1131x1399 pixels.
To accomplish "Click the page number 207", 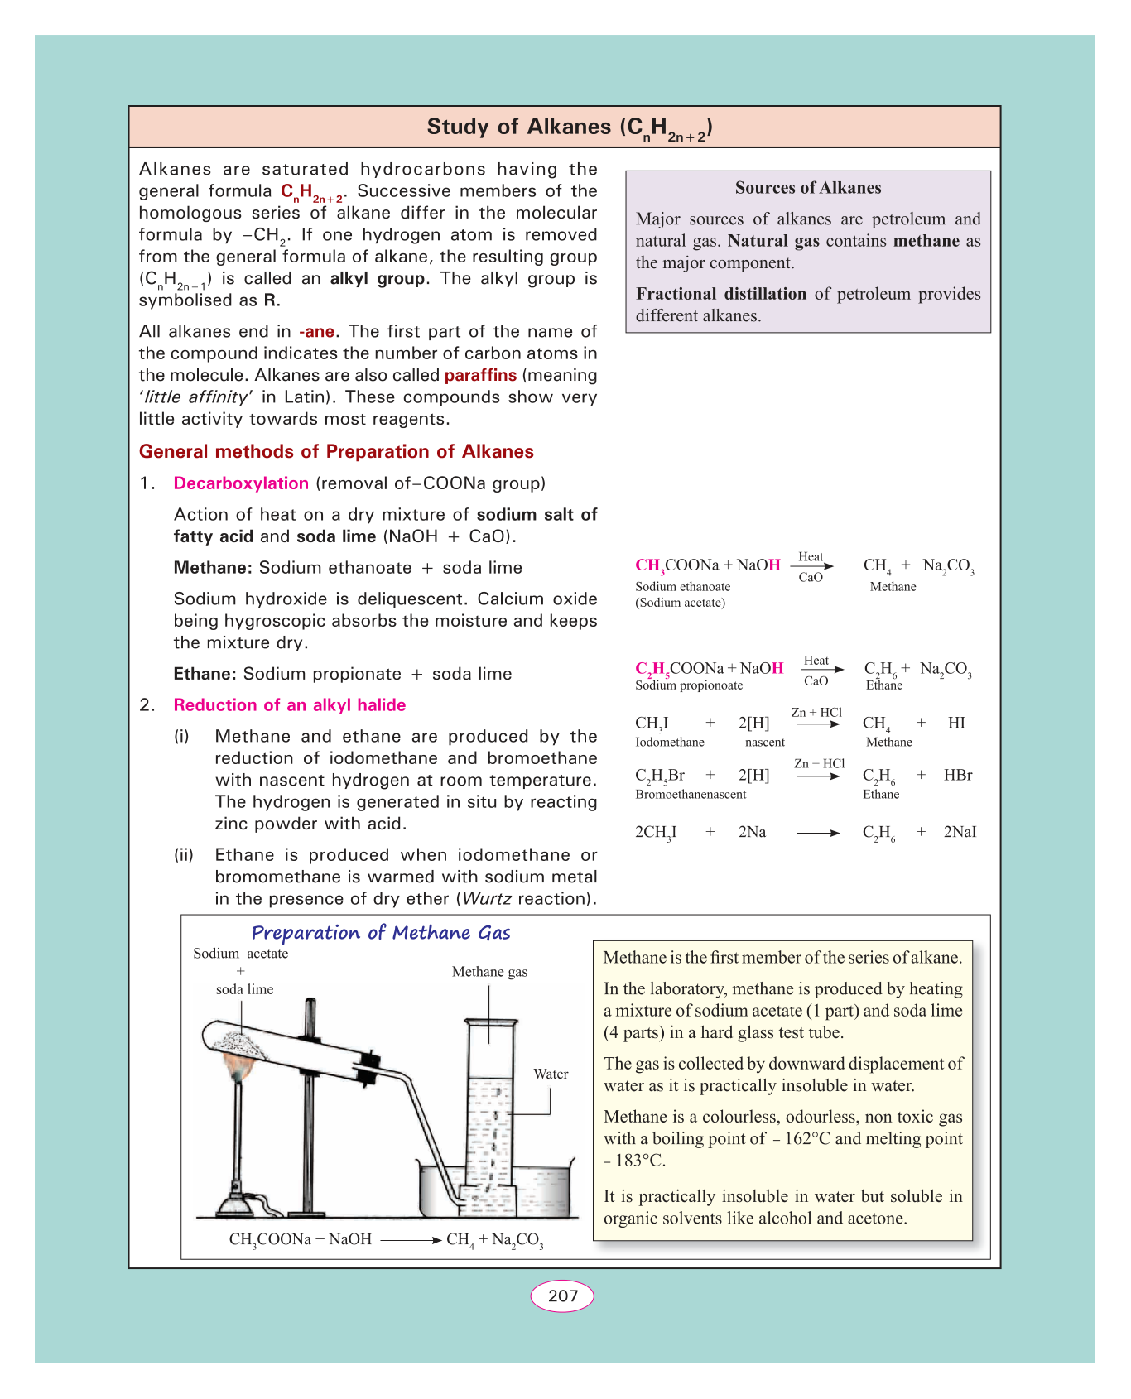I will (x=562, y=1296).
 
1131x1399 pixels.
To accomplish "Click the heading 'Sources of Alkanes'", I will (x=807, y=188).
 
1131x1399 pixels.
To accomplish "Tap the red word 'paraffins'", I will (x=480, y=376).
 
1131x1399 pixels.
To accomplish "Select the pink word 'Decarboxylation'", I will (x=241, y=483).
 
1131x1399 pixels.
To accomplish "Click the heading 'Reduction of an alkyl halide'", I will (x=290, y=705).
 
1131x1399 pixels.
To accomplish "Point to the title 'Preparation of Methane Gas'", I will (x=381, y=933).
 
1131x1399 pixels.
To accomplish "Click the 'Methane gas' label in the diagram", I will (x=489, y=972).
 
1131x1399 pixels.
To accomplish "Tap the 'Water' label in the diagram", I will (x=551, y=1074).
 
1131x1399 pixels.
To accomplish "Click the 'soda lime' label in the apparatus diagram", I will (x=244, y=989).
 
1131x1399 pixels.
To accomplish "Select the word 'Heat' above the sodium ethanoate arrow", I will (x=811, y=557).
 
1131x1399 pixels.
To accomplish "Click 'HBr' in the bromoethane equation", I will (x=958, y=776).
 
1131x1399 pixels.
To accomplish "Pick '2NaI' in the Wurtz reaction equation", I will (x=960, y=832).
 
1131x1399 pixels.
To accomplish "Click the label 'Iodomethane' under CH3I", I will (x=670, y=743).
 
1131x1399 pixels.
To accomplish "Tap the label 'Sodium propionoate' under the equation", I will (x=689, y=685).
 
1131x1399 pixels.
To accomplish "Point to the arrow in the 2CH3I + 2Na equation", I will (x=817, y=834).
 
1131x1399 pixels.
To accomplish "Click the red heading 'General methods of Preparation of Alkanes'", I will (x=336, y=452).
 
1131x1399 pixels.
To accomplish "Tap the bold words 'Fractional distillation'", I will (x=720, y=294).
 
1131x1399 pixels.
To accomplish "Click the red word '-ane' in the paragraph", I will (x=316, y=332).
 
